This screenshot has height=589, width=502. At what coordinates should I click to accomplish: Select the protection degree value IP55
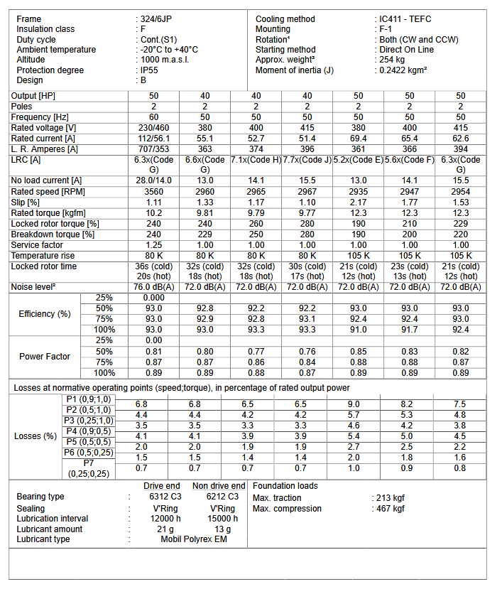[x=151, y=70]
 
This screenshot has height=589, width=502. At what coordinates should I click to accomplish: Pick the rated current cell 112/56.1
[x=154, y=138]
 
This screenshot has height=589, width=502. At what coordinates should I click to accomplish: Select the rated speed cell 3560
[x=154, y=192]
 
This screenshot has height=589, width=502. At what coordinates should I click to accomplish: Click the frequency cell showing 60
[x=154, y=117]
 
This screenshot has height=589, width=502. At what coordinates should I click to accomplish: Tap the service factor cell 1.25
[x=154, y=244]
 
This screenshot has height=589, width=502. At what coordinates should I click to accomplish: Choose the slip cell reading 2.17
[x=359, y=202]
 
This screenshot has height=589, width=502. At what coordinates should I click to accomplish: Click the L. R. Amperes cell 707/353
[x=154, y=148]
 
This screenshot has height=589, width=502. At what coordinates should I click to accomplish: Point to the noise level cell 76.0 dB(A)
[x=154, y=287]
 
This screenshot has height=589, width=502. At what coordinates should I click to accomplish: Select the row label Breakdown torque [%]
[x=53, y=234]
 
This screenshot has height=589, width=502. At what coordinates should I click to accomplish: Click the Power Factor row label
[x=45, y=356]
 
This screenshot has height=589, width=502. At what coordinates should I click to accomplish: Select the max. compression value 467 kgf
[x=391, y=509]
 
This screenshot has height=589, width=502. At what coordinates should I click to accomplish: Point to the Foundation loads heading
[x=285, y=486]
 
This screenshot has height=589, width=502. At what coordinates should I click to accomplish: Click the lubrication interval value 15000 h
[x=222, y=518]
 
